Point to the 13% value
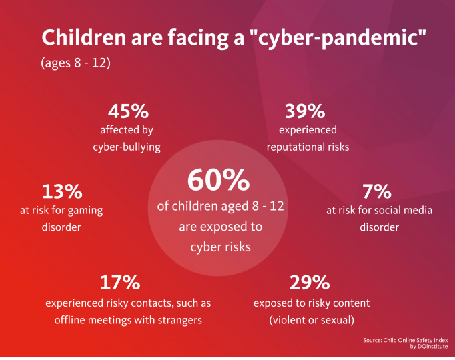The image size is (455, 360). (61, 191)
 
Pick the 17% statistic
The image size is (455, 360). (119, 283)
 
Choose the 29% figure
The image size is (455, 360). (310, 283)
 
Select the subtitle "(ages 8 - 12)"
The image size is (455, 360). (75, 64)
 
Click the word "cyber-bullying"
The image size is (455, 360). (127, 147)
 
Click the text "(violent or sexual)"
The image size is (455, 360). (311, 319)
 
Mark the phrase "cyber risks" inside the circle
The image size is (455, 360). (220, 246)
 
